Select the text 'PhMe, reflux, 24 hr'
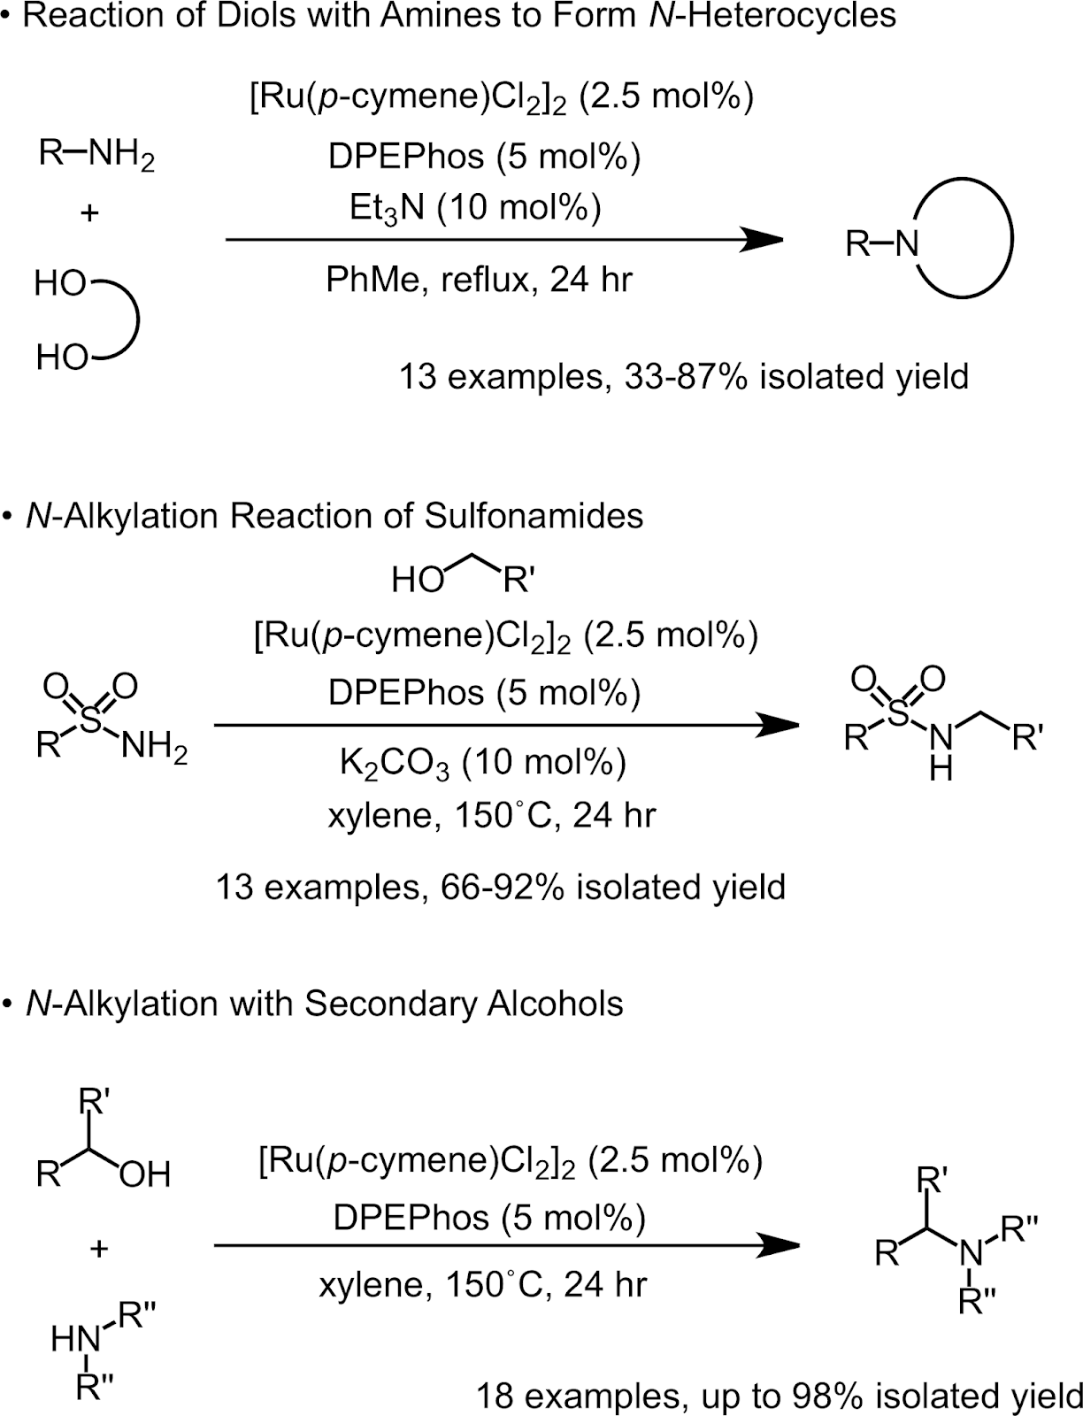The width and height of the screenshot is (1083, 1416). (x=480, y=281)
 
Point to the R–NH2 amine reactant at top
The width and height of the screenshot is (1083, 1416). (x=96, y=156)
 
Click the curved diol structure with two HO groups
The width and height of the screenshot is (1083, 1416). (x=88, y=320)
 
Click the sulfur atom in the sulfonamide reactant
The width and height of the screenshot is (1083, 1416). (x=90, y=720)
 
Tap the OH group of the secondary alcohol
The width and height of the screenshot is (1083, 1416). (x=144, y=1175)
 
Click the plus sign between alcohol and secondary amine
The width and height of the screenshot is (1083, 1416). (x=98, y=1249)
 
